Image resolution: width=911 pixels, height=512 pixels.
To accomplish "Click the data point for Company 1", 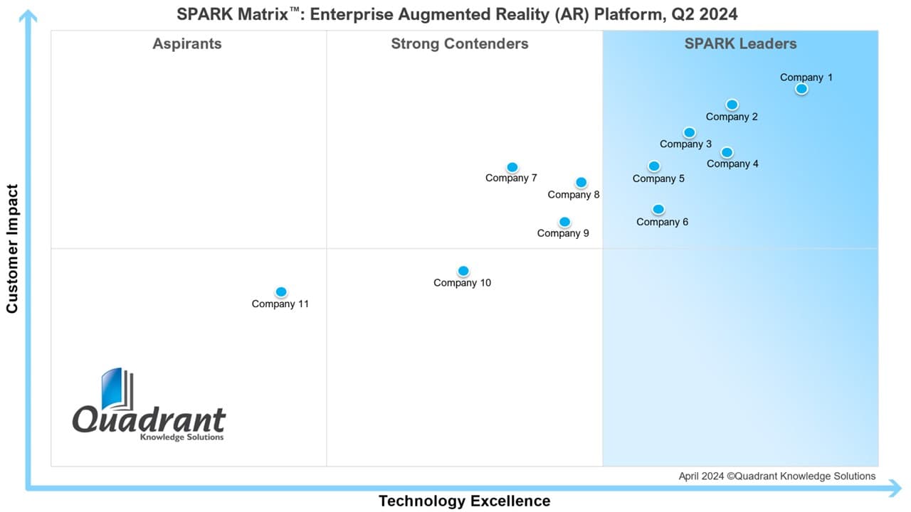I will [801, 89].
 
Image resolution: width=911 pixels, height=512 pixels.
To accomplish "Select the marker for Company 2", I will [732, 105].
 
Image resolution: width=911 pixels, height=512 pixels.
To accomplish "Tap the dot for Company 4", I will [727, 152].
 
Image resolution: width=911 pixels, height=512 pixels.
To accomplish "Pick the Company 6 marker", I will [658, 209].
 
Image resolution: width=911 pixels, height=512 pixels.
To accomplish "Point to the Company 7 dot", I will [512, 167].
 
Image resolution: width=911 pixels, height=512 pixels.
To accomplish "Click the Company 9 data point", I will [564, 222].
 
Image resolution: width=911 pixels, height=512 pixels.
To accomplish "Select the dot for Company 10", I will [463, 271].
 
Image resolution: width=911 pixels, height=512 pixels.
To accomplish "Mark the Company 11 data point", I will [281, 292].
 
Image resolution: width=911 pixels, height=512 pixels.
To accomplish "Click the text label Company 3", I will [685, 144].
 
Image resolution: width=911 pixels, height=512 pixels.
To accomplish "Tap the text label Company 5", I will [658, 178].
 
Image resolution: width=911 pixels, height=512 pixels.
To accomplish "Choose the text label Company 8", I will [574, 195].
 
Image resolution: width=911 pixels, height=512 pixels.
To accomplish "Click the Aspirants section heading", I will [187, 44].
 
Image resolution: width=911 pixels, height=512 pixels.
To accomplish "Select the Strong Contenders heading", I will [460, 44].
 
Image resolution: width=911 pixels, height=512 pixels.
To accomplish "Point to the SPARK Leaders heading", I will [740, 44].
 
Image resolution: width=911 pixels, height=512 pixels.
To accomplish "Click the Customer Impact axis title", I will [12, 249].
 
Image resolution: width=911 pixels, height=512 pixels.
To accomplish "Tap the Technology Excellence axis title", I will [464, 501].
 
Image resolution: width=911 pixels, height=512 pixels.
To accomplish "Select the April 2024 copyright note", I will [777, 476].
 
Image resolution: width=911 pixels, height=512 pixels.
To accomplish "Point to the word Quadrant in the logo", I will [149, 420].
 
